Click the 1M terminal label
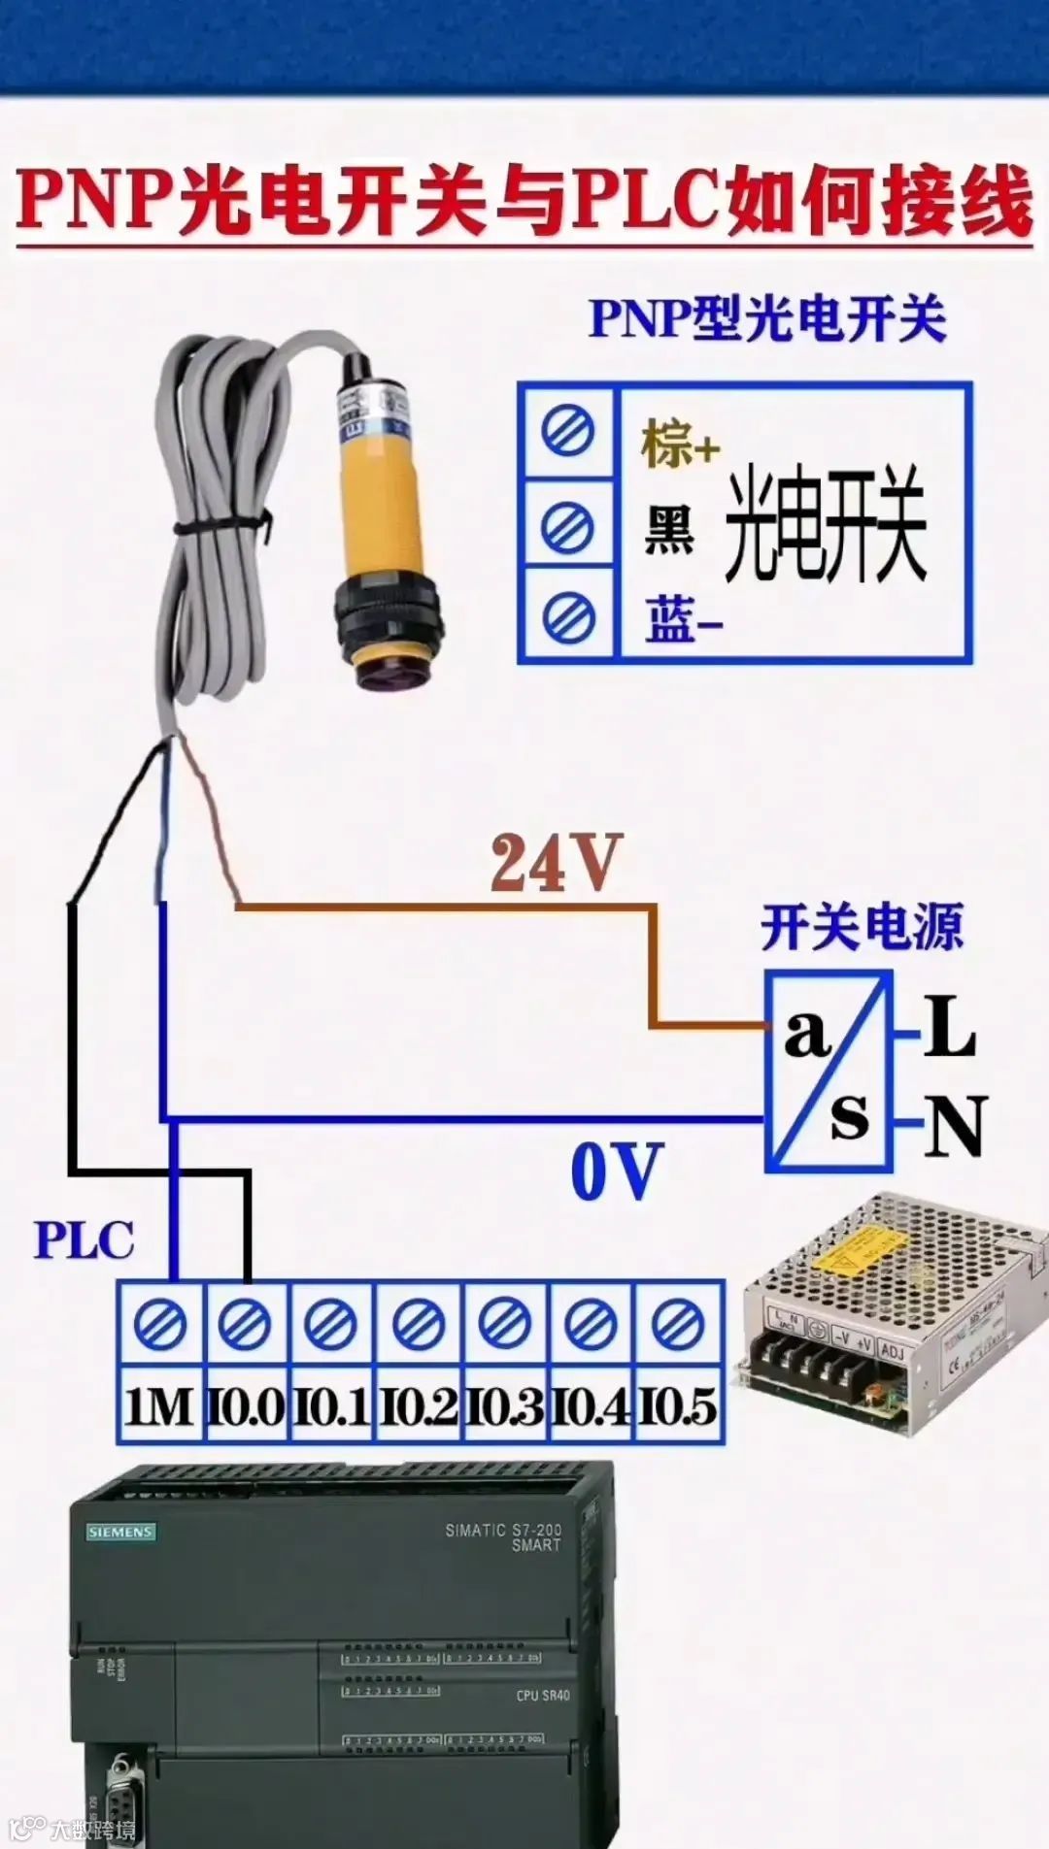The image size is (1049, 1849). coord(159,1406)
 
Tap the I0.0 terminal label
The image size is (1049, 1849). coord(246,1406)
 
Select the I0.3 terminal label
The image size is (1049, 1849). coord(504,1406)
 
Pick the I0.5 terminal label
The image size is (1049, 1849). coord(678,1406)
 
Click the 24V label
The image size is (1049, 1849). coord(555,863)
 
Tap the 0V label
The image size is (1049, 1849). coord(616,1172)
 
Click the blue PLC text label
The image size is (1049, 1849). coord(84,1240)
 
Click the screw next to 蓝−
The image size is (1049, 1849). coord(568,617)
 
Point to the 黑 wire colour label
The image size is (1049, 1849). coord(669,530)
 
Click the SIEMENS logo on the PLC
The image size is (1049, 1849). coord(120,1532)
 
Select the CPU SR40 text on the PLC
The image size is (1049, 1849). coord(543,1696)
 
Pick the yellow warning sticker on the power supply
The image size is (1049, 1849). coord(861,1249)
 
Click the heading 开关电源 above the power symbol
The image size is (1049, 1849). coord(862,928)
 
